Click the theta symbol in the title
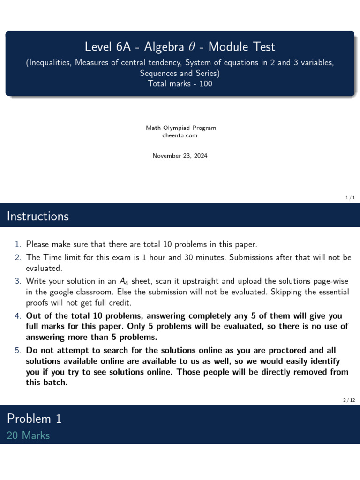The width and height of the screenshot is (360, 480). tap(197, 47)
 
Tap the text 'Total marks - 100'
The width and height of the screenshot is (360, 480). tap(180, 84)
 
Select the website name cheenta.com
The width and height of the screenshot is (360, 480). tap(180, 135)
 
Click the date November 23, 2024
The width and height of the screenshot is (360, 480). tap(180, 156)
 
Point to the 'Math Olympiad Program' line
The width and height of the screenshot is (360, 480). tap(180, 128)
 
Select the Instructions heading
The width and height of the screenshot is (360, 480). tap(38, 217)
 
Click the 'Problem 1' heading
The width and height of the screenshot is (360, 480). tap(34, 419)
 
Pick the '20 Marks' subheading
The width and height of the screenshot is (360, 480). tap(28, 435)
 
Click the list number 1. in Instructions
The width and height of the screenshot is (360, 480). tap(18, 244)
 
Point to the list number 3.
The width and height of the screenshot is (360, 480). tap(18, 281)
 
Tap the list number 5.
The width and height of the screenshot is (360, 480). tap(18, 350)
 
